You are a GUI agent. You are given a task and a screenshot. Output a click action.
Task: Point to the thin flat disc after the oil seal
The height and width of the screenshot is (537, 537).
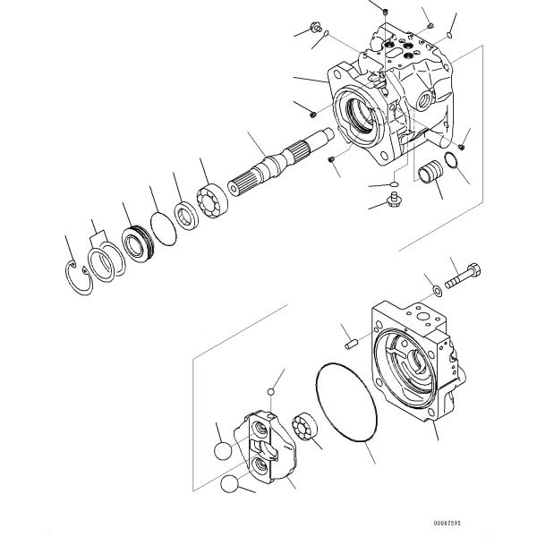163,229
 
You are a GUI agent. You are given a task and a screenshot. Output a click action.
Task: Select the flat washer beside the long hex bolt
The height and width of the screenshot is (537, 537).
435,288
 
